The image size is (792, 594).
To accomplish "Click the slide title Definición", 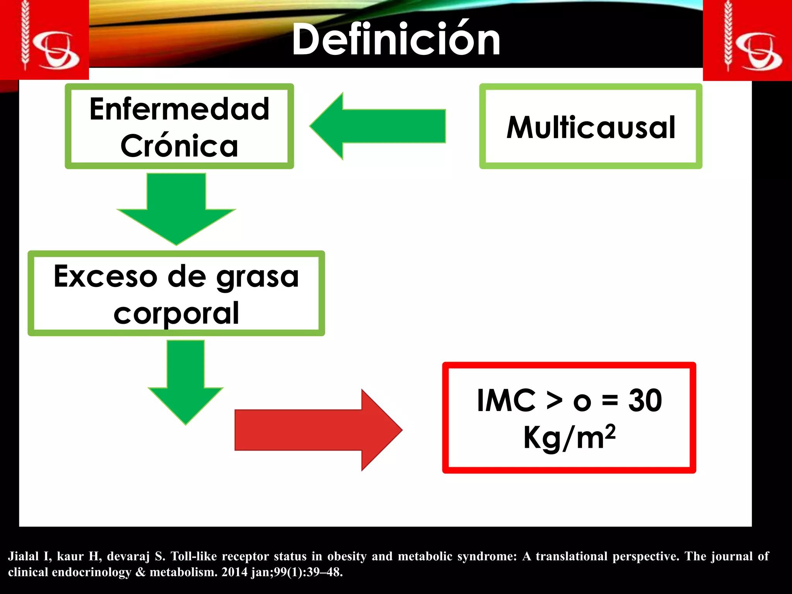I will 396,40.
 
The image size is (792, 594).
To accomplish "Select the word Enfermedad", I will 179,109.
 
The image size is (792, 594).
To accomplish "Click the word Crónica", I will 179,146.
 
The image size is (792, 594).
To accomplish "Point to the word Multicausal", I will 591,127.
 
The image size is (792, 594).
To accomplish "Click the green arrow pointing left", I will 377,126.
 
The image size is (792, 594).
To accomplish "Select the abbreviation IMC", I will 506,400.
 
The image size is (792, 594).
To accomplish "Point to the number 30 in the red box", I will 645,400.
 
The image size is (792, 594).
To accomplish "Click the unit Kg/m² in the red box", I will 569,437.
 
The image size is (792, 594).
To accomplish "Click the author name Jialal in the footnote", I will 23,556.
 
